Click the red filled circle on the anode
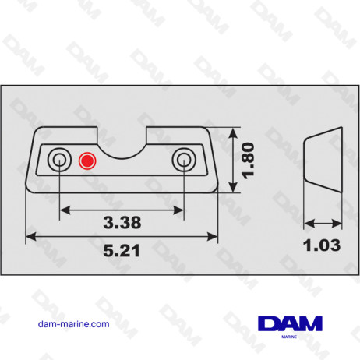pyautogui.click(x=86, y=161)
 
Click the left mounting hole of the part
pyautogui.click(x=58, y=161)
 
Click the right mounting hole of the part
pyautogui.click(x=184, y=161)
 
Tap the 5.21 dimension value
pyautogui.click(x=122, y=251)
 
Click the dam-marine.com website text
pyautogui.click(x=73, y=324)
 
